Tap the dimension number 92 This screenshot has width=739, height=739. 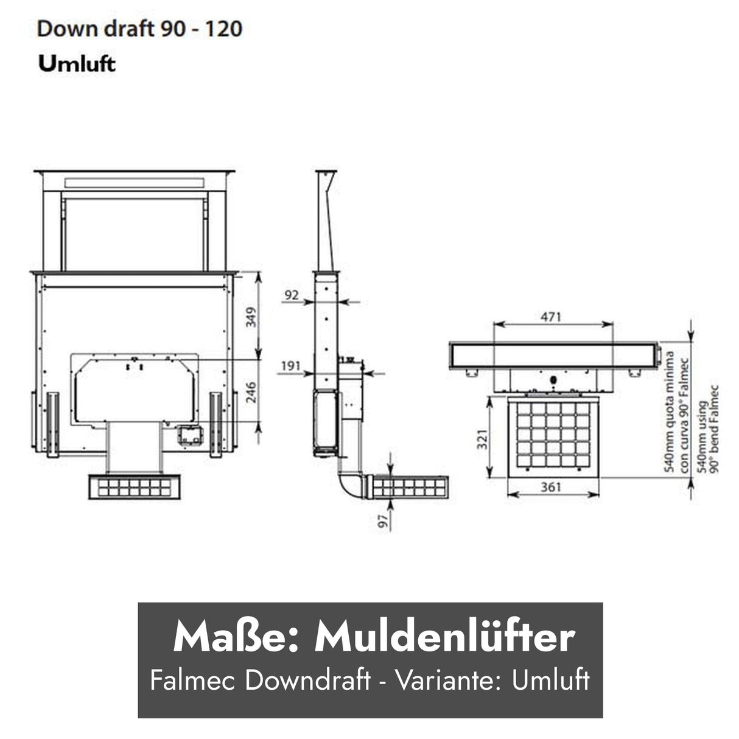click(x=293, y=295)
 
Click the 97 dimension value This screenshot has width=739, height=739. click(x=383, y=522)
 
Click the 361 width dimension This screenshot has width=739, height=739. click(x=552, y=487)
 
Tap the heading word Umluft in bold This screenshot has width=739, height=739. click(x=77, y=64)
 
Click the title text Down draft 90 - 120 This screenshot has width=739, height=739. click(x=139, y=29)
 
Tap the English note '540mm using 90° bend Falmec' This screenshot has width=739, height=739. click(x=708, y=429)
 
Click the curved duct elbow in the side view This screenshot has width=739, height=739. click(x=352, y=485)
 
